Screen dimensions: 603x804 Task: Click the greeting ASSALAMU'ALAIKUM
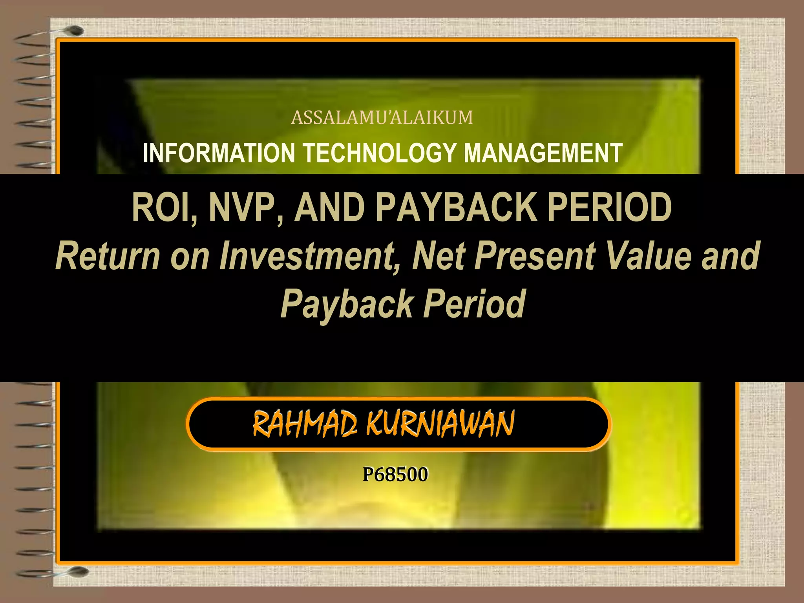(x=382, y=118)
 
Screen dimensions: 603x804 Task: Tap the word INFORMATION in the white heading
(x=219, y=153)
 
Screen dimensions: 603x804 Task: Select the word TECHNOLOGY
(x=380, y=153)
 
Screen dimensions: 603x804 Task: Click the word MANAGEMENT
(x=543, y=153)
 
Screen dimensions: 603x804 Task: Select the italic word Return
(x=108, y=256)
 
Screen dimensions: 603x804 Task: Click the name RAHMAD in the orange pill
(x=305, y=424)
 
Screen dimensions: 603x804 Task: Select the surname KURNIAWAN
(x=440, y=424)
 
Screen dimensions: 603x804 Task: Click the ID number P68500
(x=395, y=474)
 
